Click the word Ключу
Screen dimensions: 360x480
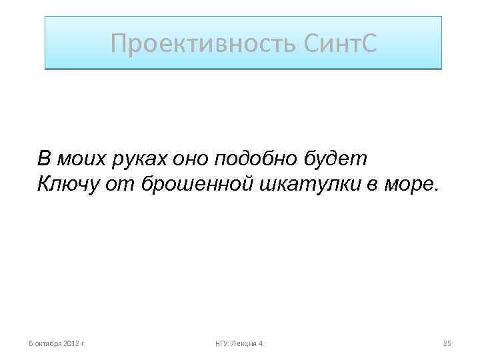click(x=69, y=183)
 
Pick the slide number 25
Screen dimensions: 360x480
click(x=447, y=343)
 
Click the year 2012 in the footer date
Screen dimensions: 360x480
click(x=71, y=343)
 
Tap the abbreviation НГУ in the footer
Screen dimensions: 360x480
click(x=222, y=343)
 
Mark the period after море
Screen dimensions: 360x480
click(x=437, y=188)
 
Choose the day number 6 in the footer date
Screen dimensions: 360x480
click(x=29, y=343)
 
